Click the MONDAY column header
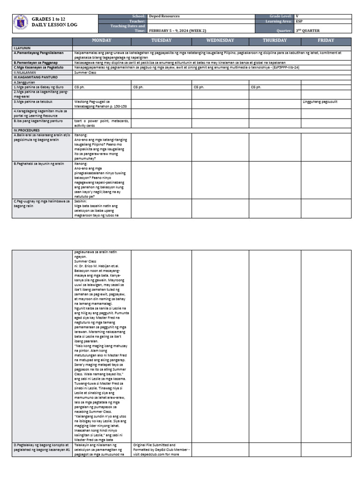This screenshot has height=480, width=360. coord(102,41)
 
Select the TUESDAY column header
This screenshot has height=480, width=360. coord(161,41)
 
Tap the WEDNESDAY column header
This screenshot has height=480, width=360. coord(220,41)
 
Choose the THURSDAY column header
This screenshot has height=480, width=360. coord(275,41)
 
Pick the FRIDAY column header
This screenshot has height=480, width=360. coord(326,41)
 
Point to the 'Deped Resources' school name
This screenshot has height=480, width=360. coord(164,16)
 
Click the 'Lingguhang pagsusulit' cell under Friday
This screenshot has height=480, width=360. coord(320,101)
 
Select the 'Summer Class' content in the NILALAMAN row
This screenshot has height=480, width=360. coord(85,73)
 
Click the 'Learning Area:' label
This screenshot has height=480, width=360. coord(279,21)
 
